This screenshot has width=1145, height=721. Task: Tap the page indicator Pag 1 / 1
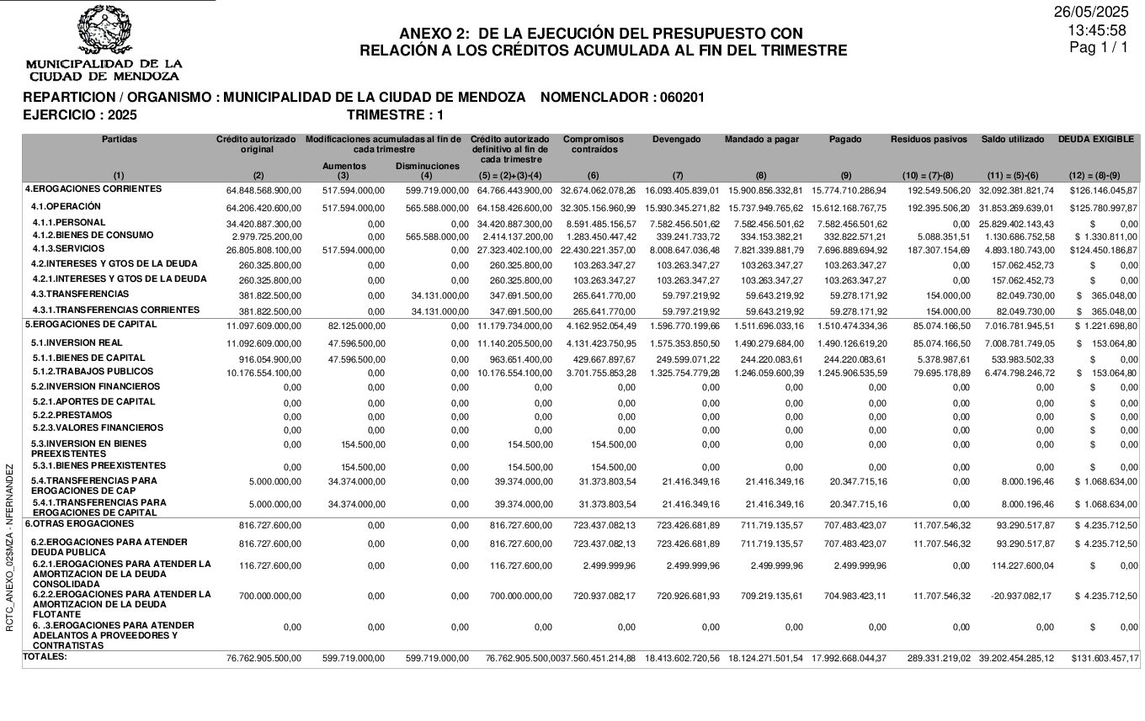[1098, 48]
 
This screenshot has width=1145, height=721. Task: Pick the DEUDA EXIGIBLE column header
[1095, 140]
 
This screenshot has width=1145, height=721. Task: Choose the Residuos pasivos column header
[929, 140]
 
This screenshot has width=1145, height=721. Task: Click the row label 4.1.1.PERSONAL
[69, 223]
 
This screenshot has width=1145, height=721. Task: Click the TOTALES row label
[45, 656]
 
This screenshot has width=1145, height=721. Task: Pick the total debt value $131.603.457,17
[1105, 659]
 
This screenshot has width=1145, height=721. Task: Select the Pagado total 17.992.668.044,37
[849, 659]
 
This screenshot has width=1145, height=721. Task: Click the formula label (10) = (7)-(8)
[929, 176]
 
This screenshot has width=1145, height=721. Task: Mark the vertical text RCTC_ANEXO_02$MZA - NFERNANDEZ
[10, 547]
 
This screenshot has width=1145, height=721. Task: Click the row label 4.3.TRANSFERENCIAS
[80, 294]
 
